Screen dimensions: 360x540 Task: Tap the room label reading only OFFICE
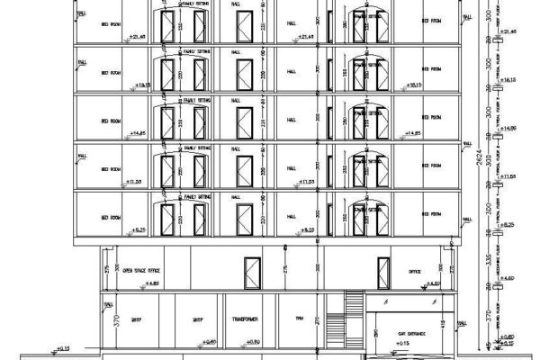tap(415, 269)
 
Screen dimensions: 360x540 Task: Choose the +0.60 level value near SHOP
tap(208, 342)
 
